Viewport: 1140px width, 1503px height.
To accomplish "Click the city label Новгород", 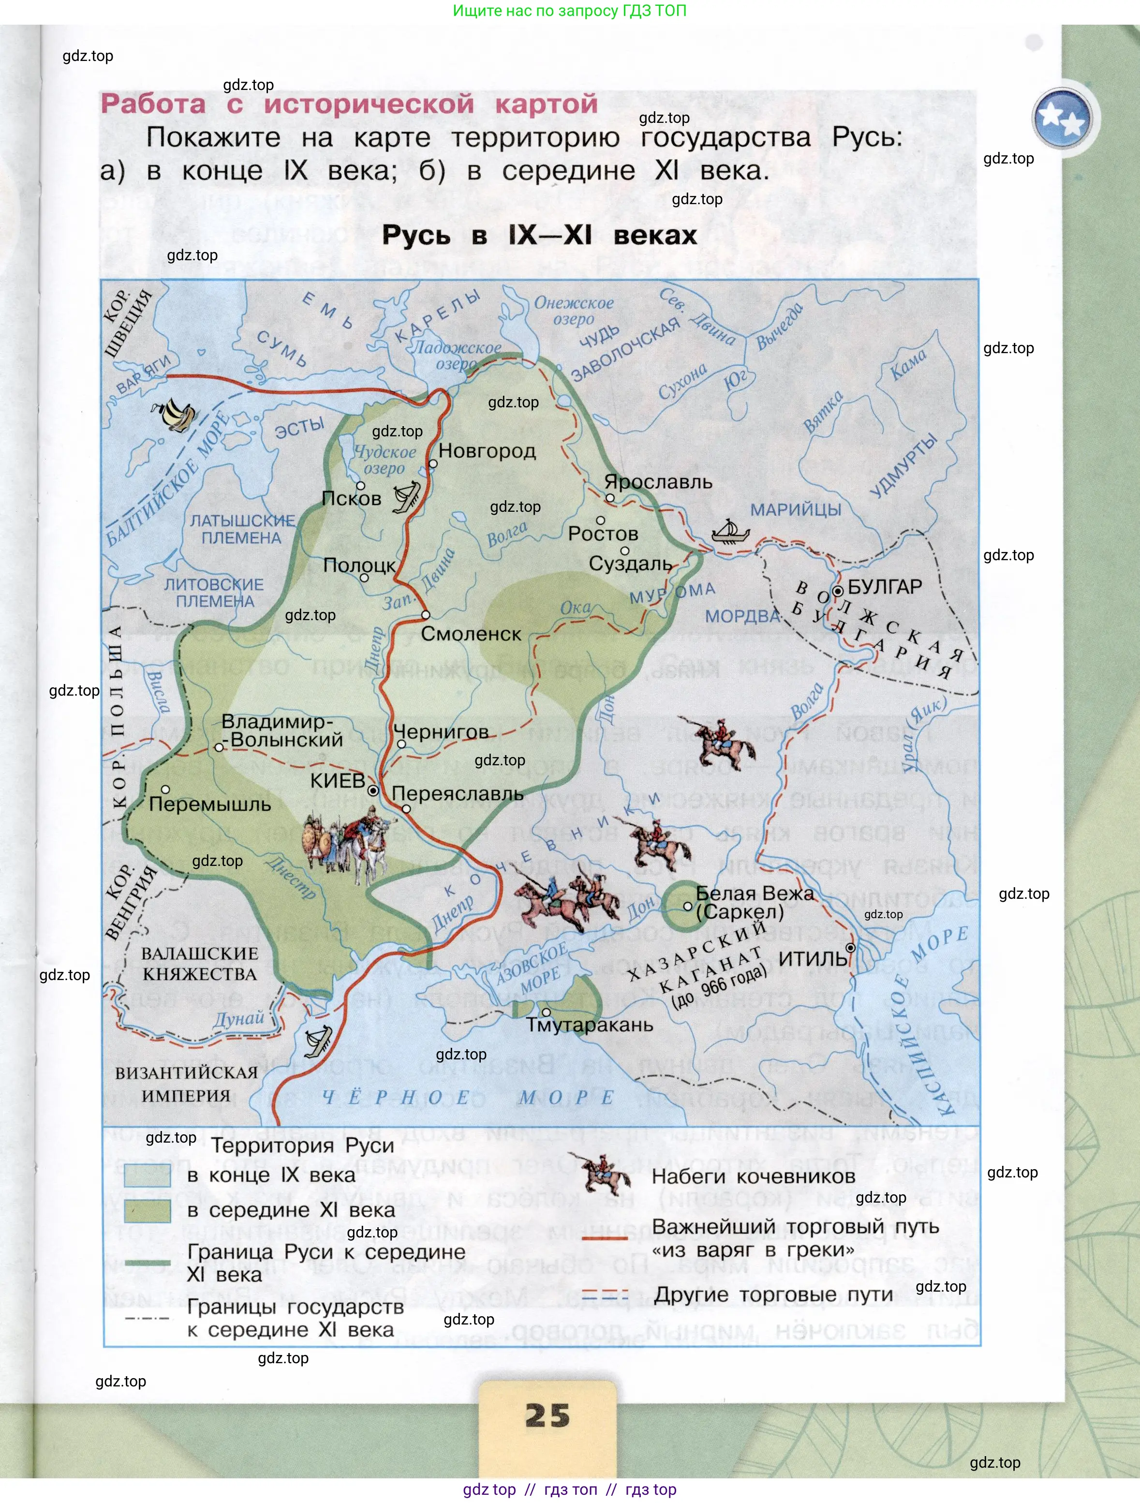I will [x=487, y=450].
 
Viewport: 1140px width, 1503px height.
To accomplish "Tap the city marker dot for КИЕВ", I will [x=373, y=791].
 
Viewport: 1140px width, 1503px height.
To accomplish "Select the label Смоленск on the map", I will [x=471, y=634].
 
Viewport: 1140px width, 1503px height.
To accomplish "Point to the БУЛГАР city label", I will [x=885, y=586].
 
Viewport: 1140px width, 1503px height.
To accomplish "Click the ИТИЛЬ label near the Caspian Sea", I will [x=813, y=959].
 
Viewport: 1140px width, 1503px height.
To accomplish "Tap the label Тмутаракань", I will [x=590, y=1025].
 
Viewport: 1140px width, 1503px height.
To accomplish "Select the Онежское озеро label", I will [x=574, y=311].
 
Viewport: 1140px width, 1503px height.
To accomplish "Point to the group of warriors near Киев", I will [x=346, y=843].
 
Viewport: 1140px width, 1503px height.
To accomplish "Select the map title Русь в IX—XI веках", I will [x=539, y=235].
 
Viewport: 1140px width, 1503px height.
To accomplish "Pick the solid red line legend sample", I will [x=605, y=1238].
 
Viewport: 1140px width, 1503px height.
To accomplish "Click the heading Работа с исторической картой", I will [x=349, y=104].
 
